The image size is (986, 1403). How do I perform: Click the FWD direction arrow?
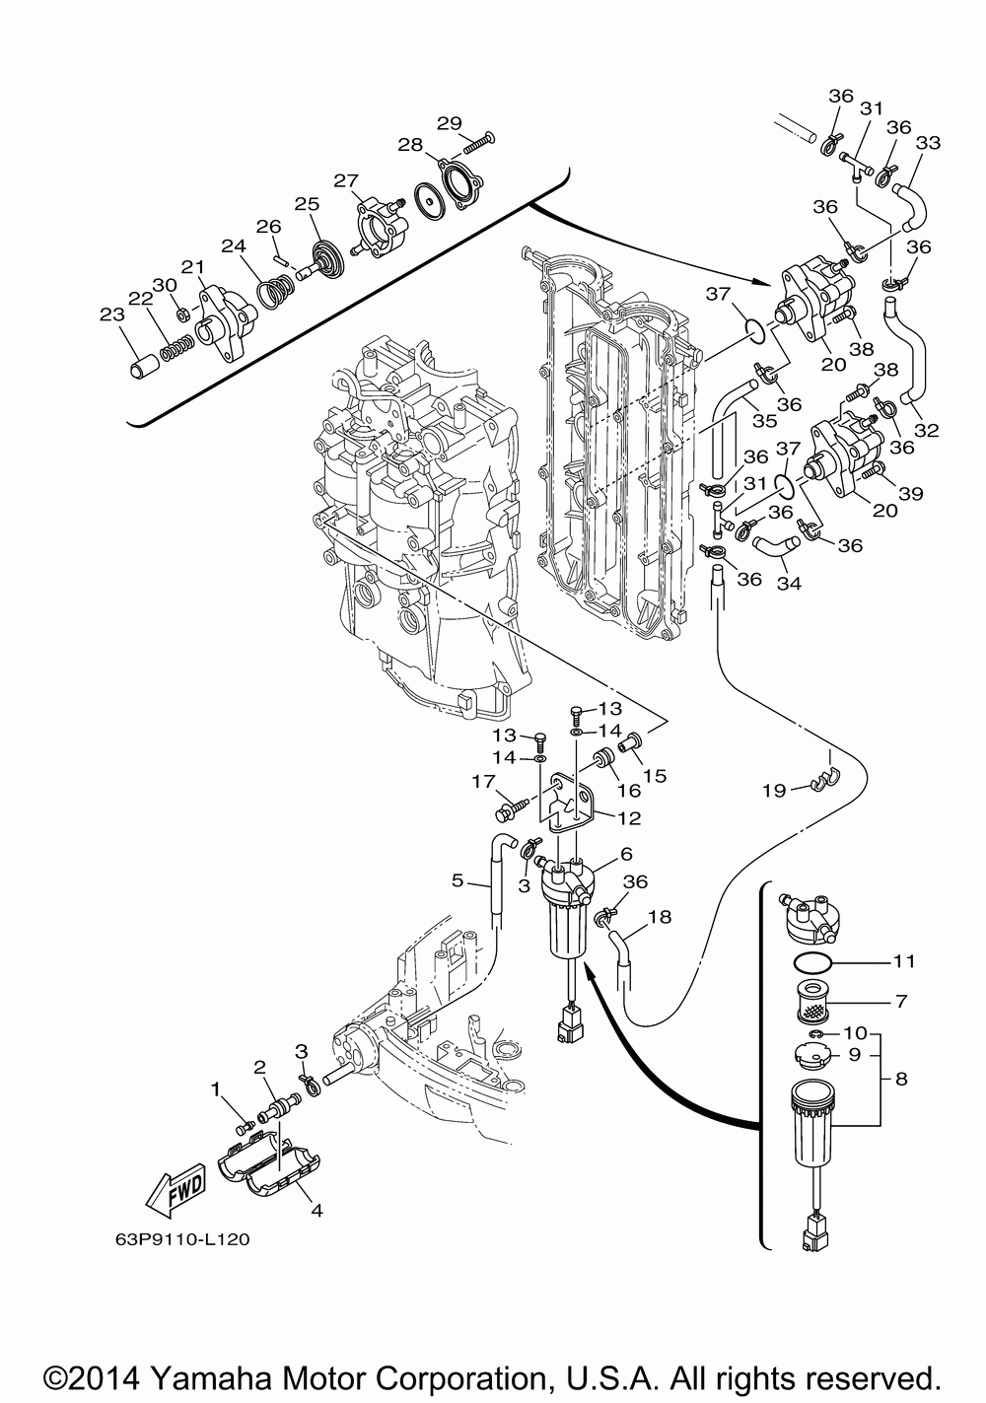click(176, 1189)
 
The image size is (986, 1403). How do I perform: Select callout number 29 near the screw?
click(450, 123)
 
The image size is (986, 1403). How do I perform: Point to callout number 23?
click(112, 315)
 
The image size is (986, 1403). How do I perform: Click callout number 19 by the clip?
click(774, 791)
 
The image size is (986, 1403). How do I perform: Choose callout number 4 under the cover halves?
click(317, 1211)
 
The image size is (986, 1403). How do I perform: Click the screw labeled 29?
click(480, 143)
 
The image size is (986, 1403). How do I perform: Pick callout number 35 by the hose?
click(764, 421)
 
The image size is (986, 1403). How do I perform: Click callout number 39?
click(910, 494)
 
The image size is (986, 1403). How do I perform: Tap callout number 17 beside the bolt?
click(484, 781)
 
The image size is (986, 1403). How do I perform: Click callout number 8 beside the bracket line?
click(901, 1080)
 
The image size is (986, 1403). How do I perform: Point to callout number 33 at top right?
click(928, 143)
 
